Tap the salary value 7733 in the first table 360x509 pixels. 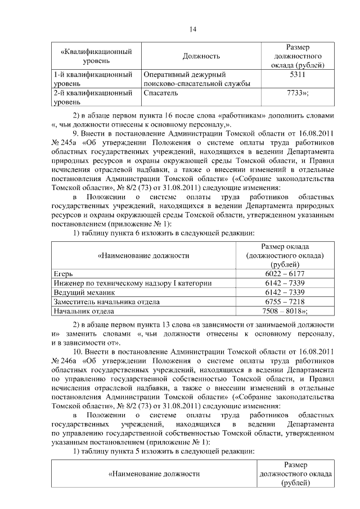coord(297,93)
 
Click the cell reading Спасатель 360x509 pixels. coord(161,93)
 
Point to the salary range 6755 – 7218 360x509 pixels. coord(284,301)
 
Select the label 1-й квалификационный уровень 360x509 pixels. coord(93,79)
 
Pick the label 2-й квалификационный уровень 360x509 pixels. coord(93,97)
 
